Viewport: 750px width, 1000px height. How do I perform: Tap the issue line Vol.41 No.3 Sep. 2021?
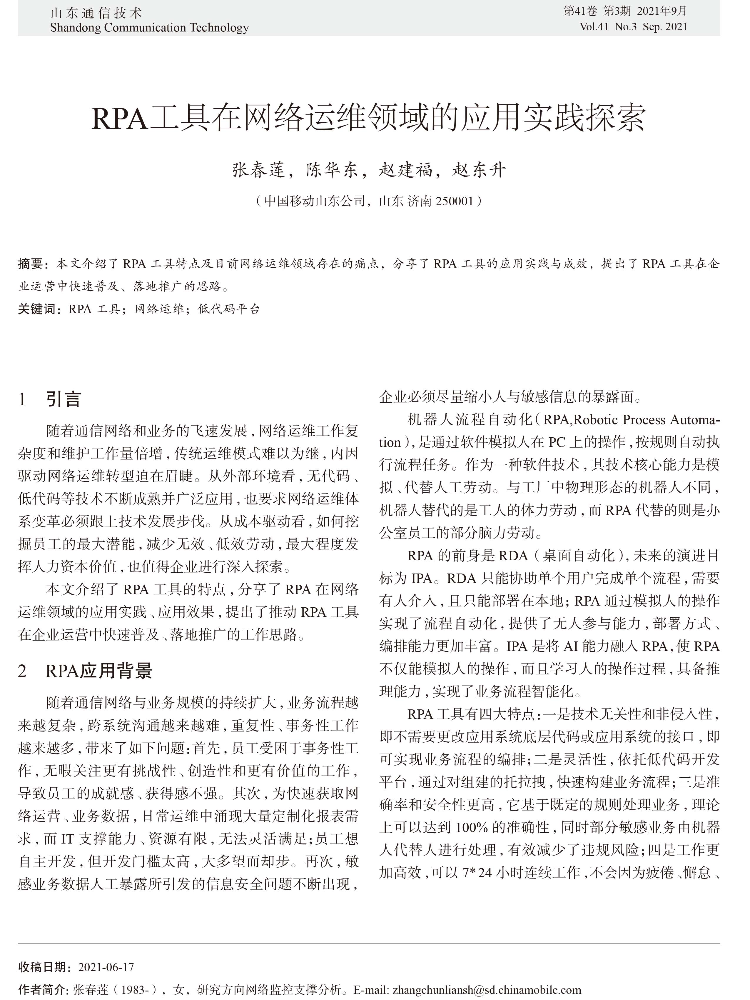tap(633, 27)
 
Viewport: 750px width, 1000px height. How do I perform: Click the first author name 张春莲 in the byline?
tap(259, 170)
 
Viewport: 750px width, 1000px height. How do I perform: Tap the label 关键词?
tap(36, 309)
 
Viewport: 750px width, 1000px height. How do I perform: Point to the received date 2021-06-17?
tap(106, 967)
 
